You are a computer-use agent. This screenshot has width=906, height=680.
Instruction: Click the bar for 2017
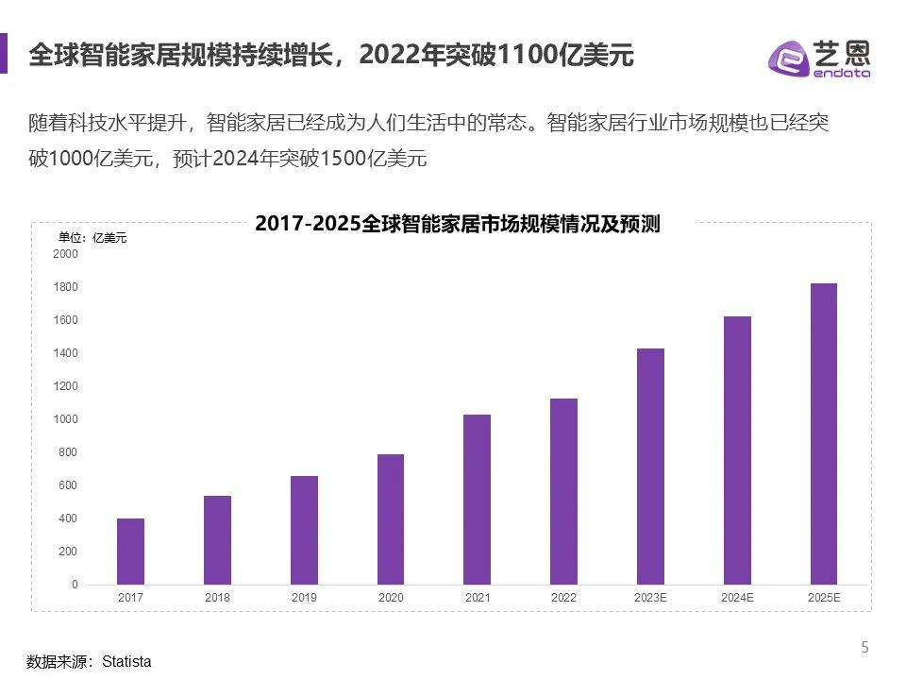pos(130,552)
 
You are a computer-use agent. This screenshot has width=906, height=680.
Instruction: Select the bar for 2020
pos(391,519)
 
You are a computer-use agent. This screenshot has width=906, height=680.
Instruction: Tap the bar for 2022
pos(563,491)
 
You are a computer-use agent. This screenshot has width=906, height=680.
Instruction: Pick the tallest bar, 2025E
pos(824,433)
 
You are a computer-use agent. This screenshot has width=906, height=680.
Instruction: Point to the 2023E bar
pos(650,467)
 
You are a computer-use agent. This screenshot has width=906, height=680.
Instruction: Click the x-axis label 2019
pos(304,598)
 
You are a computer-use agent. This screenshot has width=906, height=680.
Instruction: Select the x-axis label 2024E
pos(737,598)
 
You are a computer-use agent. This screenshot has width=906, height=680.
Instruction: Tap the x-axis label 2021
pos(478,598)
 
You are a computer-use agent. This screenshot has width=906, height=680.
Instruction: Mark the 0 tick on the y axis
pos(75,585)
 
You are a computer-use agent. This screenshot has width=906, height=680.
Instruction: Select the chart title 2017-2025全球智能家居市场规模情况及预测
pos(457,225)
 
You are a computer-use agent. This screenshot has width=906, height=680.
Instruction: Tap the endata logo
pos(818,59)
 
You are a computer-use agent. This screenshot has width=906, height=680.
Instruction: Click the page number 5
pos(864,647)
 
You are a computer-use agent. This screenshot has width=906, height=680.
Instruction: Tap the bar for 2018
pos(217,540)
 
